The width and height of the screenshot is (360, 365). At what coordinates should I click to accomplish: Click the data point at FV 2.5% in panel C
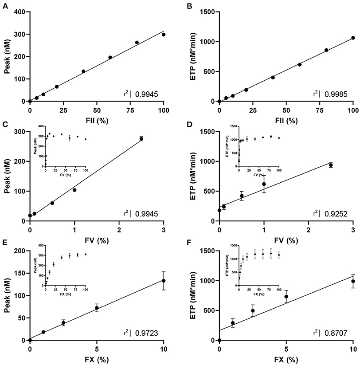coord(141,139)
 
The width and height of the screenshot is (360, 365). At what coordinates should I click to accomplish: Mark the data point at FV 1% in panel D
coord(264,184)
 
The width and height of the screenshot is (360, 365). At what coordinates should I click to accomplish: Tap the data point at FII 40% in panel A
coord(83,71)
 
